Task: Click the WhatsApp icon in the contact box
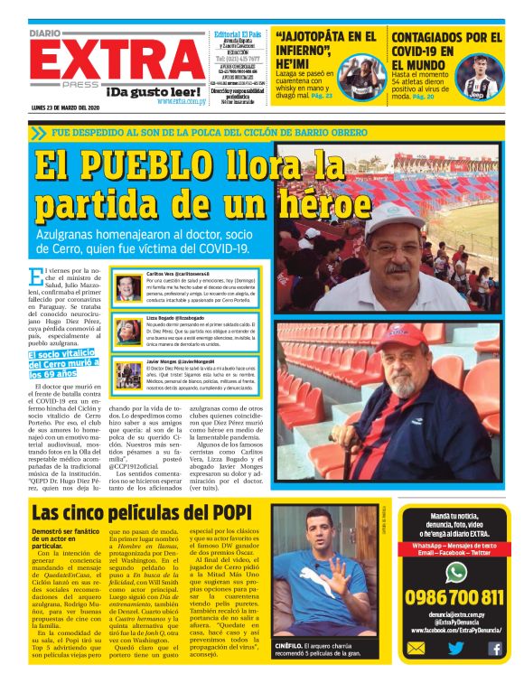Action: click(x=456, y=572)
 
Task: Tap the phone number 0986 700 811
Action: click(x=455, y=599)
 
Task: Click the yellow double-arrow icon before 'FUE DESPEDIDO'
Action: click(x=38, y=133)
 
